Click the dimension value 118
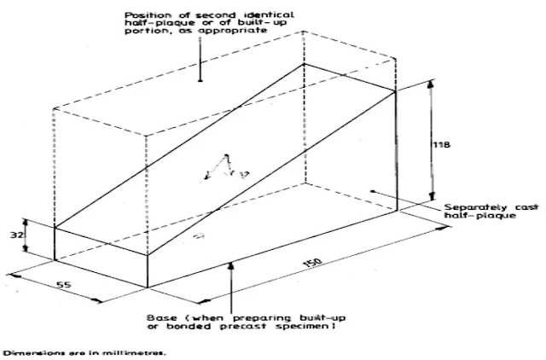coord(444,146)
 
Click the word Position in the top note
coord(148,15)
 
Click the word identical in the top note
coord(261,15)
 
